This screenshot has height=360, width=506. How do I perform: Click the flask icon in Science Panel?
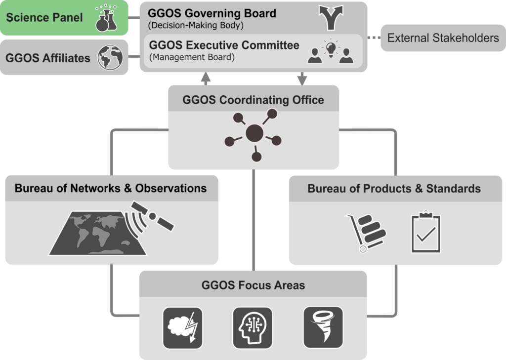(106, 18)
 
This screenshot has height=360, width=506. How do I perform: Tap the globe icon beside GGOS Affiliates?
(110, 57)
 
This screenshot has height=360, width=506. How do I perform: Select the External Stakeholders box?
(443, 38)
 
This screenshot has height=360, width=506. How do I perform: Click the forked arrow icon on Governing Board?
(331, 18)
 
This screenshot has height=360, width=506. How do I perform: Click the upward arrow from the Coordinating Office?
(206, 79)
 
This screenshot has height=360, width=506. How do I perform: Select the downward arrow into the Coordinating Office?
(302, 79)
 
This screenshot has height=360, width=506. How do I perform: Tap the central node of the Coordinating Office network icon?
(254, 133)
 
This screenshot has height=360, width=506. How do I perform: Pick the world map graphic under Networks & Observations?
(97, 233)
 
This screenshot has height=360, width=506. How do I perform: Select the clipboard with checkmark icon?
(425, 232)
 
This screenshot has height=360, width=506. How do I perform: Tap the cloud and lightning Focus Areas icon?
(183, 328)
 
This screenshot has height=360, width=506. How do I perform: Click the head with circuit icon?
(253, 328)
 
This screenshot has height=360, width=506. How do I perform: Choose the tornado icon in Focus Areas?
(323, 327)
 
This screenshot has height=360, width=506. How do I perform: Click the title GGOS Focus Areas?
(253, 285)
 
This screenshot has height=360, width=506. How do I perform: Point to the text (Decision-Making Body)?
(196, 25)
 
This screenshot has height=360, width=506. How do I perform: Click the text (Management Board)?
(192, 57)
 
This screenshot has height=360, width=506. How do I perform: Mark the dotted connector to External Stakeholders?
(374, 38)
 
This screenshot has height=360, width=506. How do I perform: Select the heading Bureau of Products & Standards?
(394, 188)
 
